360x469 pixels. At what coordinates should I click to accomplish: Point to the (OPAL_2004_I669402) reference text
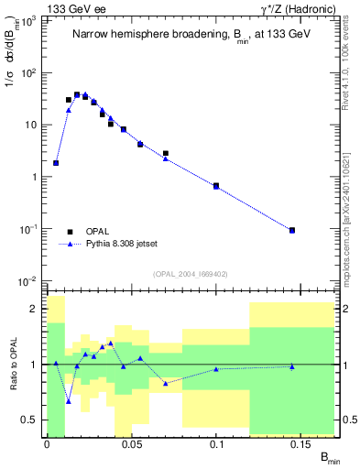point(191,273)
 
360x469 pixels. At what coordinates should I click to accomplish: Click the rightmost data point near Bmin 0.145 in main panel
point(292,230)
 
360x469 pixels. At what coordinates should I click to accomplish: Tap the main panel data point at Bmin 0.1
point(216,186)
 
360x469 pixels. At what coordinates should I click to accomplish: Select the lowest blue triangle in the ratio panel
point(69,400)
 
